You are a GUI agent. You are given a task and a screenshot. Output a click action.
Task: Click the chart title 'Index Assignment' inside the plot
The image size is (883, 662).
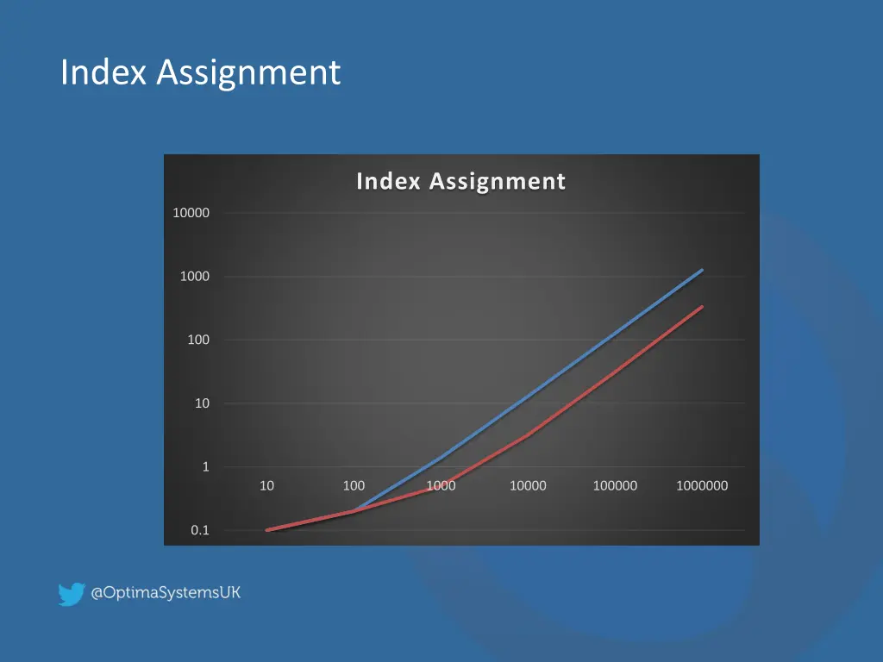(x=460, y=182)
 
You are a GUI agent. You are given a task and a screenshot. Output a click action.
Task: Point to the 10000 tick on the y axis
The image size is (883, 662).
(x=191, y=213)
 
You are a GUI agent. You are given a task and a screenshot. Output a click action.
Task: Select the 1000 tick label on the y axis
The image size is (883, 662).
(x=194, y=277)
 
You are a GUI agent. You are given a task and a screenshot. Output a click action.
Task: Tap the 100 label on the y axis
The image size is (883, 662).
(x=198, y=340)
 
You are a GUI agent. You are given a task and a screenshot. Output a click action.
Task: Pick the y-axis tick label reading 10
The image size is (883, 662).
(x=201, y=403)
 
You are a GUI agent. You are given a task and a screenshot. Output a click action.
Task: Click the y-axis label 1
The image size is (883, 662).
(x=205, y=467)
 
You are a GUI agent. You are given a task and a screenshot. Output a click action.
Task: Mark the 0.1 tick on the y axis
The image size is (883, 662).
(x=200, y=531)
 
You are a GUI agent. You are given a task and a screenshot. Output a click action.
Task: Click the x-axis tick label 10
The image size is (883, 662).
(x=266, y=486)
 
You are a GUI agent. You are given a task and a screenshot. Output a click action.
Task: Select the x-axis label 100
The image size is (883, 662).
(x=354, y=486)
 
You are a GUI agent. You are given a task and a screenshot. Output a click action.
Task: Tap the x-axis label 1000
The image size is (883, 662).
(x=441, y=486)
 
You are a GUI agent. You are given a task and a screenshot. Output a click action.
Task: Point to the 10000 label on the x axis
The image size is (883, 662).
(x=528, y=486)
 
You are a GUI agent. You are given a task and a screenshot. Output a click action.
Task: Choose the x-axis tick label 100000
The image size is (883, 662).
(x=615, y=486)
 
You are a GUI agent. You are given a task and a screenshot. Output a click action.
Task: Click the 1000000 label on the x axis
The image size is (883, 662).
(x=702, y=486)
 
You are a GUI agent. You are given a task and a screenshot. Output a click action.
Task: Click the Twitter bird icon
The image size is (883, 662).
(x=71, y=594)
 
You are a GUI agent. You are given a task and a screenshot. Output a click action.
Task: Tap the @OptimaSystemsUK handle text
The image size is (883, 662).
(x=166, y=593)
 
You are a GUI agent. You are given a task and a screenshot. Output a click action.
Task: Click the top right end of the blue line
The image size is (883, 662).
(x=702, y=270)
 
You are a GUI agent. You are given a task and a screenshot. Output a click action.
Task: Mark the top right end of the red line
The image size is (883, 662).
(x=702, y=307)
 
